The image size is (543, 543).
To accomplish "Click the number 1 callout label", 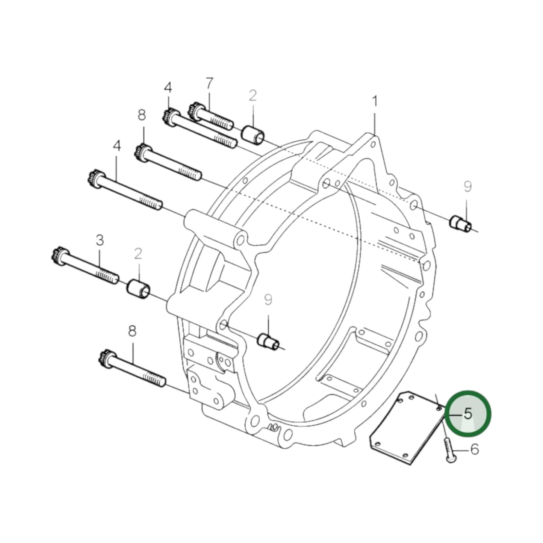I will (x=374, y=101).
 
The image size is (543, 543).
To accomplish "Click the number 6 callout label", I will (x=475, y=449).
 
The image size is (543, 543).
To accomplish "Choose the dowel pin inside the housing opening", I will (x=268, y=341).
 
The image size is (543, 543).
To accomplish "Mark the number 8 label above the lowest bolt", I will (x=132, y=331).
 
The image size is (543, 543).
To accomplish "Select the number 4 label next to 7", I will (x=168, y=88).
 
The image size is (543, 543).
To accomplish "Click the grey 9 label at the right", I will (x=467, y=187).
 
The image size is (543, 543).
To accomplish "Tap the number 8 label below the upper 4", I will (x=142, y=115).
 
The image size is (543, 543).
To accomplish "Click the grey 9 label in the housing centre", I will (x=268, y=299).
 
